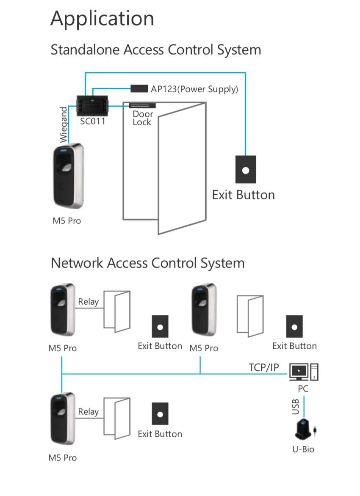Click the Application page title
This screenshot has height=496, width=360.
click(102, 19)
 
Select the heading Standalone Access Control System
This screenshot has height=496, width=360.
click(155, 50)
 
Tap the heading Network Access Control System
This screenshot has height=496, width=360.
click(147, 263)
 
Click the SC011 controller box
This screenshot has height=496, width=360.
click(93, 105)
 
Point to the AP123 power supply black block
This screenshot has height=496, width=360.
click(139, 88)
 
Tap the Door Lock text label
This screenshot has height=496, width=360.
click(142, 118)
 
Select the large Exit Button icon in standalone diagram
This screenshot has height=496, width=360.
click(245, 169)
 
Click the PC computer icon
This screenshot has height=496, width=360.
click(304, 372)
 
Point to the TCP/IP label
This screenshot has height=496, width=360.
click(263, 367)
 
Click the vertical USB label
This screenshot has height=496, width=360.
click(296, 406)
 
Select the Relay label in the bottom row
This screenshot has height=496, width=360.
click(88, 412)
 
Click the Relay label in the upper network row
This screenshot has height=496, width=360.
click(88, 302)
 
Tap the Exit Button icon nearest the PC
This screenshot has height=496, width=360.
click(294, 326)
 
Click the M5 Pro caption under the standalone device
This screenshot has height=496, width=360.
click(66, 221)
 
